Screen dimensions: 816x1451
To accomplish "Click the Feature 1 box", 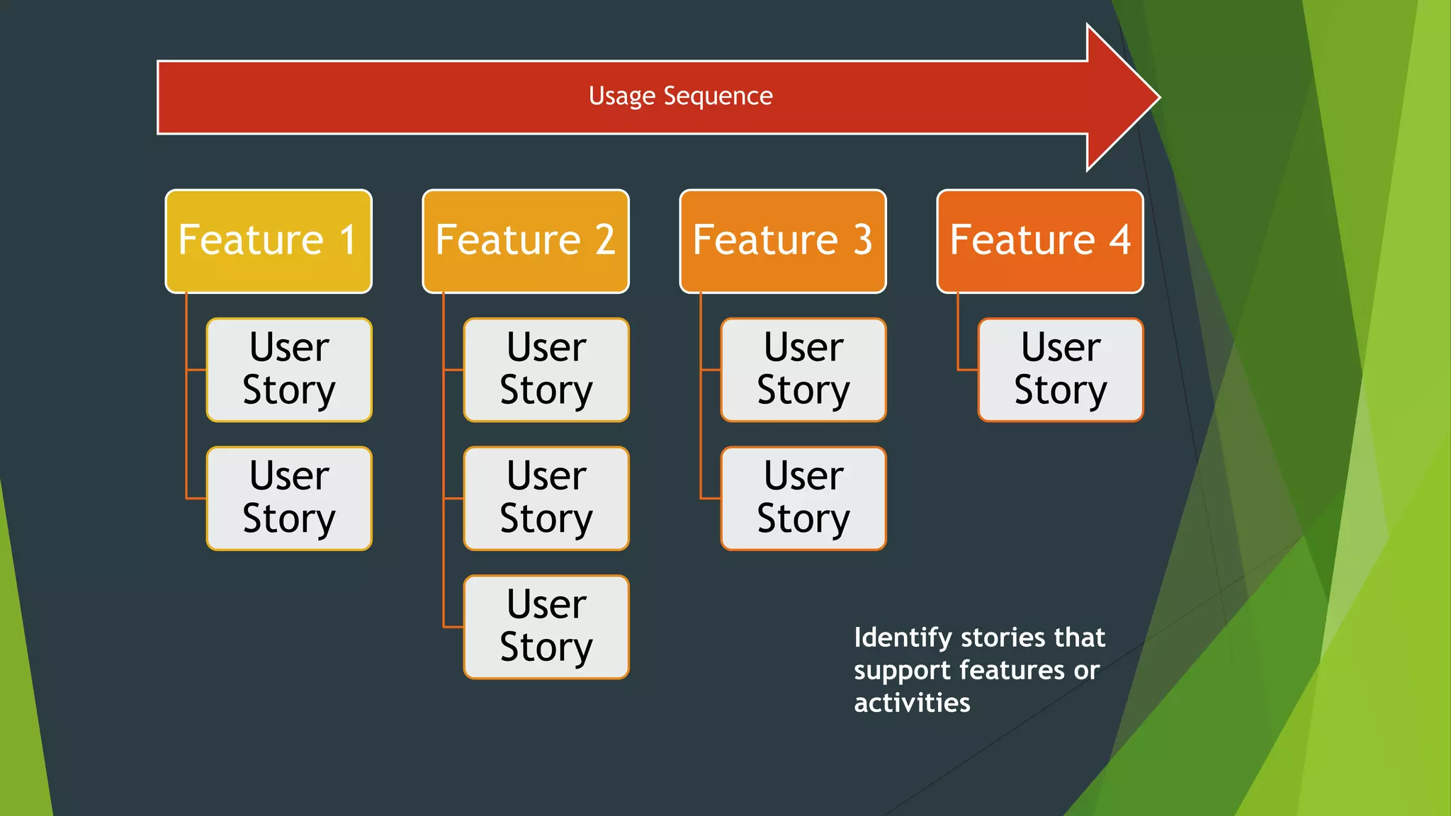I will pyautogui.click(x=269, y=241).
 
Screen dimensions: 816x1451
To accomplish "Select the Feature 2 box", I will pyautogui.click(x=526, y=241).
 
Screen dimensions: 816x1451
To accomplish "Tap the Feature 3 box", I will pyautogui.click(x=783, y=241).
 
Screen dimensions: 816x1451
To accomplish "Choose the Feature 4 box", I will pyautogui.click(x=1040, y=241).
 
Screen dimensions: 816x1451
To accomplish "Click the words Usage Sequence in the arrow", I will pyautogui.click(x=680, y=96).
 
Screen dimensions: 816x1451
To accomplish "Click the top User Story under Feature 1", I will pyautogui.click(x=289, y=370).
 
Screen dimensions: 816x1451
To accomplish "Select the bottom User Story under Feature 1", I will pyautogui.click(x=289, y=498).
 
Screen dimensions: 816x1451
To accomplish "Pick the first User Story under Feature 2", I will pyautogui.click(x=546, y=370).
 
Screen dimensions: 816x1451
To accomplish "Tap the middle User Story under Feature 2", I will pyautogui.click(x=546, y=498).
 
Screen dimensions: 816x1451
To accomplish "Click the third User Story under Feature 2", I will pyautogui.click(x=546, y=627).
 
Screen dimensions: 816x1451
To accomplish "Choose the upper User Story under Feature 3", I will pyautogui.click(x=803, y=370).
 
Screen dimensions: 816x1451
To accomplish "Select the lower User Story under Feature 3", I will pyautogui.click(x=803, y=498).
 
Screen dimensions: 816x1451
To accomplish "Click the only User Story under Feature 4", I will pyautogui.click(x=1061, y=370).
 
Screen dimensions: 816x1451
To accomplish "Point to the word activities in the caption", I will pyautogui.click(x=912, y=703).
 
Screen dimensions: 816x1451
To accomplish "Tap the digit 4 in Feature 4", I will pyautogui.click(x=1119, y=239).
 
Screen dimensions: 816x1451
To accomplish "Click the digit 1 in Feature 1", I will pyautogui.click(x=348, y=239).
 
